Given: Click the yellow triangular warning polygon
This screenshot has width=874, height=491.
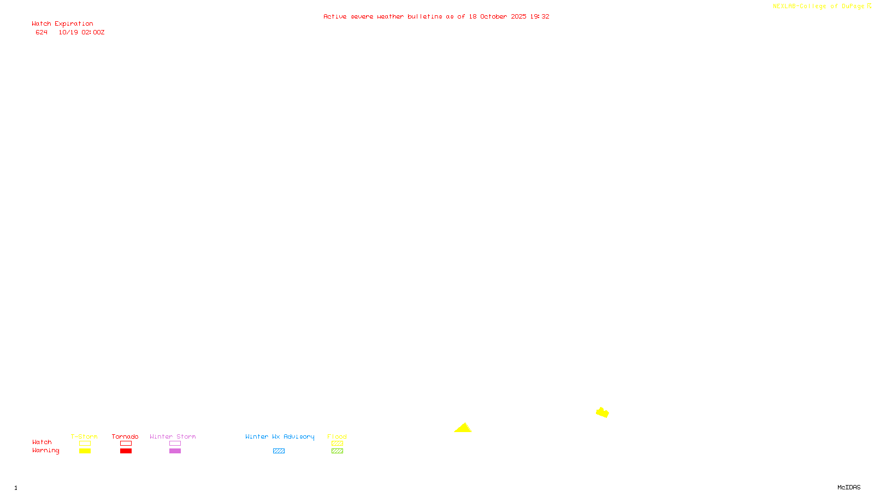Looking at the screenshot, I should pyautogui.click(x=463, y=428).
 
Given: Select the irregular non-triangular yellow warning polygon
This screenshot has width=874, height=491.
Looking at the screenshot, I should pyautogui.click(x=602, y=412).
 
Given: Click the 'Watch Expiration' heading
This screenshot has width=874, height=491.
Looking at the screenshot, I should pyautogui.click(x=62, y=24).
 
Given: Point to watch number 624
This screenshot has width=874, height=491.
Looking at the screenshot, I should pyautogui.click(x=42, y=33).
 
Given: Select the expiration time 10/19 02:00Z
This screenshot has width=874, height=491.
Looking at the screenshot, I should pyautogui.click(x=81, y=33).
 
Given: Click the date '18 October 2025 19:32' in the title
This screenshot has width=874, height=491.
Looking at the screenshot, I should pyautogui.click(x=509, y=17).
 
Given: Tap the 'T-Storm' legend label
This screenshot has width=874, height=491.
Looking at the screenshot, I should pyautogui.click(x=84, y=436).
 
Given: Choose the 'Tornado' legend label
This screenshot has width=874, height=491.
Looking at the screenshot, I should pyautogui.click(x=125, y=436).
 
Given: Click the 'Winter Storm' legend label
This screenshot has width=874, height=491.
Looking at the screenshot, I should pyautogui.click(x=173, y=436).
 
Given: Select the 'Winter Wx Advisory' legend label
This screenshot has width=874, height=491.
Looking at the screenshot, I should pyautogui.click(x=280, y=436).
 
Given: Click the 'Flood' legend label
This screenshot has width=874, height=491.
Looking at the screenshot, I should pyautogui.click(x=337, y=436).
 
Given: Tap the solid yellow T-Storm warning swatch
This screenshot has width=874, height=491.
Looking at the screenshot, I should pyautogui.click(x=85, y=451).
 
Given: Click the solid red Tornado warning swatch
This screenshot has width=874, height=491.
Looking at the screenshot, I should pyautogui.click(x=126, y=451).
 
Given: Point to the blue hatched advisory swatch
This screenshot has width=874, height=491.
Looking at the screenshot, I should pyautogui.click(x=279, y=451).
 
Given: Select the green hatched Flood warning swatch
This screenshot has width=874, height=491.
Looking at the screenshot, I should pyautogui.click(x=337, y=451).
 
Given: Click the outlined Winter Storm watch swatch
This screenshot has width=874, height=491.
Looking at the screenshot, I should pyautogui.click(x=175, y=444).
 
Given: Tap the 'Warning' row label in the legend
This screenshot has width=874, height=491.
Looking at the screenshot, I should pyautogui.click(x=45, y=451).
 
